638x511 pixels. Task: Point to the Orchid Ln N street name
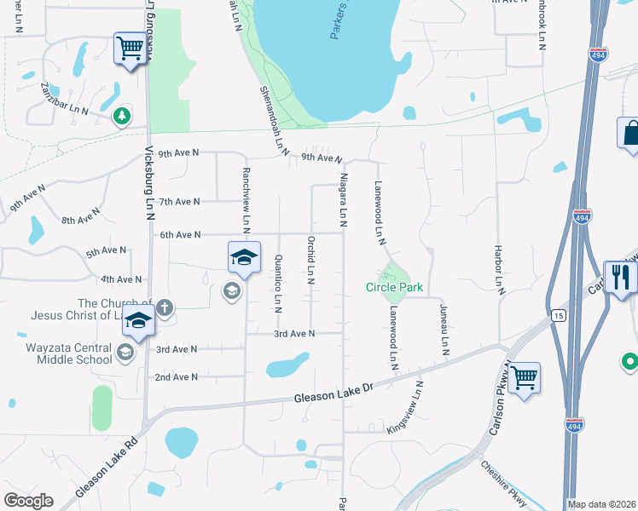(x=311, y=260)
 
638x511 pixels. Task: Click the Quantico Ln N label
(x=278, y=283)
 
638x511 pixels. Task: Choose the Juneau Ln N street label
(x=444, y=330)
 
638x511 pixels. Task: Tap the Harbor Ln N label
(x=499, y=270)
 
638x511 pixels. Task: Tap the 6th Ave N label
(x=179, y=235)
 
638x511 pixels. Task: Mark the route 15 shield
(x=558, y=316)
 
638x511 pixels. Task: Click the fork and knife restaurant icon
(x=621, y=277)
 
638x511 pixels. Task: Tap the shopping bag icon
(x=631, y=133)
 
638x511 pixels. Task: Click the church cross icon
(x=165, y=307)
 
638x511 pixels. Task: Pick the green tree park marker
(x=122, y=115)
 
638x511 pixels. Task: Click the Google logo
(x=28, y=501)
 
